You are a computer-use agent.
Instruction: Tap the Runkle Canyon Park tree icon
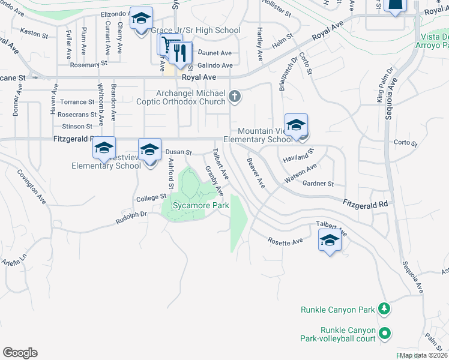(384, 310)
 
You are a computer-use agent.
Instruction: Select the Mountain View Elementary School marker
(296, 127)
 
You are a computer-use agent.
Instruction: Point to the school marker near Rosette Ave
(329, 242)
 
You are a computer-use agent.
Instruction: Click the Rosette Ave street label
(285, 242)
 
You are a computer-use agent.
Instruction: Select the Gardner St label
(318, 184)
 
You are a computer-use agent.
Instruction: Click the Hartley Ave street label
(260, 44)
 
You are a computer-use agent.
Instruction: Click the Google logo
(20, 353)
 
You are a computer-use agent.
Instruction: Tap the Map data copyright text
(423, 355)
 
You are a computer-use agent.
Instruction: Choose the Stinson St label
(77, 127)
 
